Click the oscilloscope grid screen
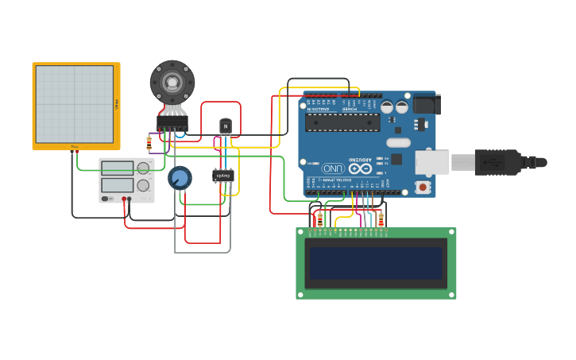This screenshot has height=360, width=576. tap(75, 104)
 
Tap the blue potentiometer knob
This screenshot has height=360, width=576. tap(180, 177)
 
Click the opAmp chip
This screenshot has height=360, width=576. tap(223, 176)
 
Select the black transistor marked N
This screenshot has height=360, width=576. tap(226, 126)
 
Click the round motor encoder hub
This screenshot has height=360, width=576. tap(172, 81)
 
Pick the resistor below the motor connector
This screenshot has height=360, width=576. tap(149, 144)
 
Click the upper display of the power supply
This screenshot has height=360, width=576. tap(118, 168)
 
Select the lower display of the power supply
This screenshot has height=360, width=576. tap(118, 185)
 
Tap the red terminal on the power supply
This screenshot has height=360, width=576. tap(125, 198)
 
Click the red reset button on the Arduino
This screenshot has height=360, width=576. tap(423, 188)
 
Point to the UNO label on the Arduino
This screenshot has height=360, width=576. tap(333, 168)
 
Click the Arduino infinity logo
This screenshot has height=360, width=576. tap(359, 168)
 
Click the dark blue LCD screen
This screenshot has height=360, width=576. tap(377, 262)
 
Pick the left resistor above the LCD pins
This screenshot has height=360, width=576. tap(320, 219)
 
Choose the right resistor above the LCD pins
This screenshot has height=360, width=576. tap(381, 219)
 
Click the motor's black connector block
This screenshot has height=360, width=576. tap(172, 123)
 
